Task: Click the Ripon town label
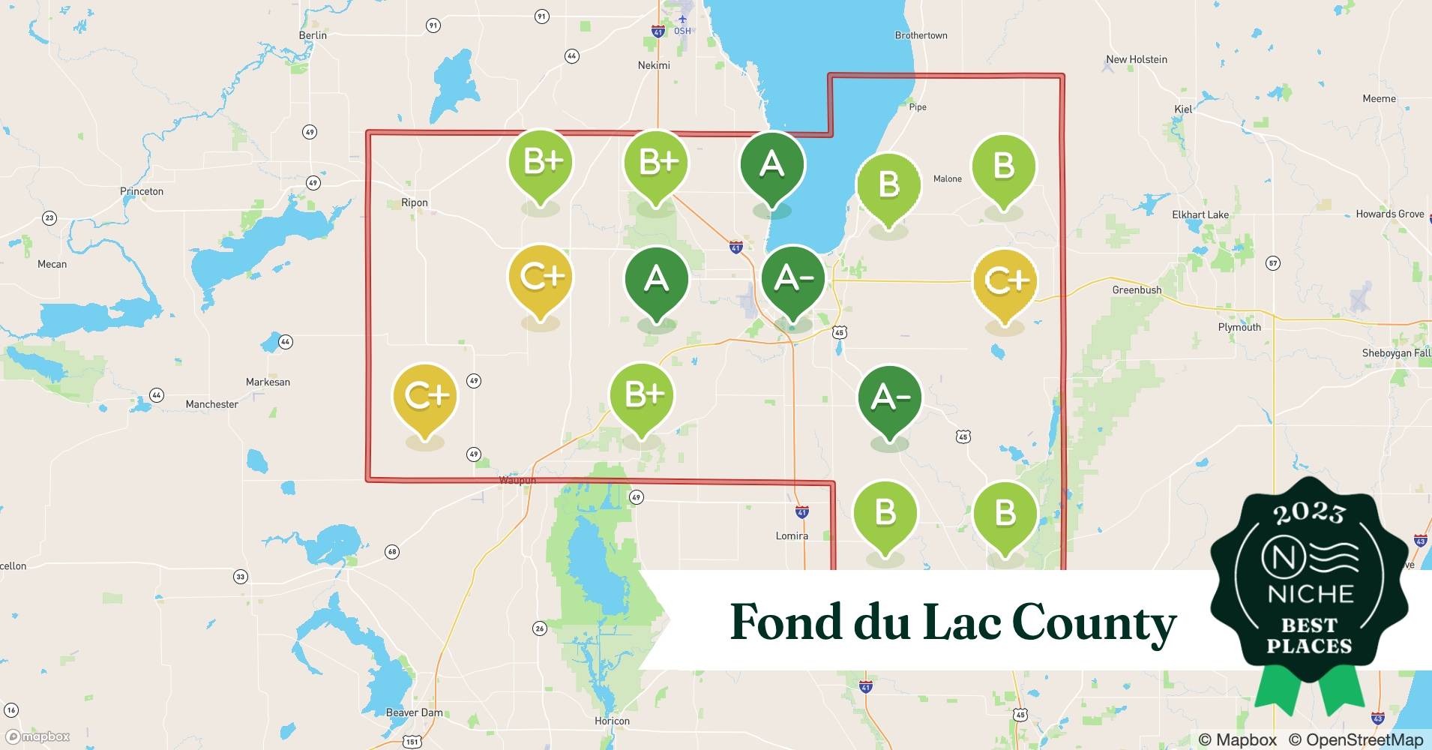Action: pos(414,202)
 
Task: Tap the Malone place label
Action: pos(947,178)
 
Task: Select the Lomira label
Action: pos(792,535)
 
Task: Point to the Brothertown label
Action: pos(921,35)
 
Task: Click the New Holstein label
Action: pos(1136,59)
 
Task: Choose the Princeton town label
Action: pos(142,191)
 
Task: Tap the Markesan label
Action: pos(268,382)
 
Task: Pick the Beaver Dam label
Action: pos(414,712)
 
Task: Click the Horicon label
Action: pos(612,721)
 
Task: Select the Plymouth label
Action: pos(1239,327)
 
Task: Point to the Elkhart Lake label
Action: pos(1200,214)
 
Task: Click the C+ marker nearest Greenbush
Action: pos(1005,281)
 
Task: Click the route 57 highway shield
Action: pos(1272,263)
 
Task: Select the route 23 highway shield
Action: pos(49,218)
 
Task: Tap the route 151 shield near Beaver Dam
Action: pos(412,742)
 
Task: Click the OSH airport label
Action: pos(682,31)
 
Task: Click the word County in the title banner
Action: pos(1094,623)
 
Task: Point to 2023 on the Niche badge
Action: pos(1309,514)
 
